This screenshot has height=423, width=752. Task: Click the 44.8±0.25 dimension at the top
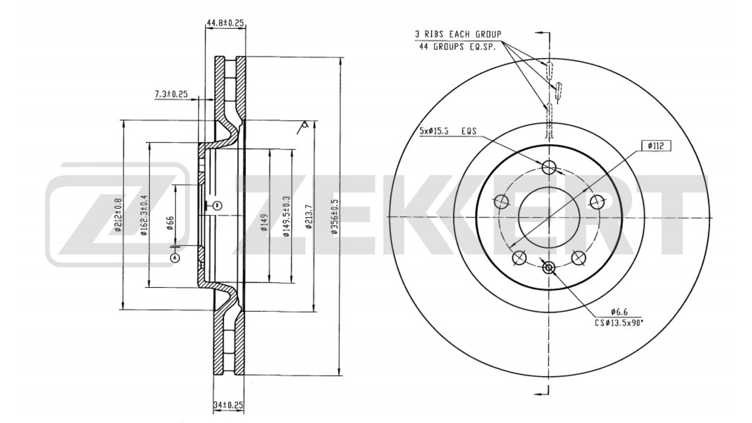pos(226,23)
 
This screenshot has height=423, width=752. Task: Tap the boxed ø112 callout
pos(656,146)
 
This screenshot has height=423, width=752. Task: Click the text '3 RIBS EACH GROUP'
pos(458,34)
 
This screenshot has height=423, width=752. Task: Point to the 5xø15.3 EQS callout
pos(448,131)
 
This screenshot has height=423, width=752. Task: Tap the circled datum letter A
pos(175,258)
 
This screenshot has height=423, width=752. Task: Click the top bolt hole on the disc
pos(549,167)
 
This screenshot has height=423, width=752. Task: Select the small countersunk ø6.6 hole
pos(549,268)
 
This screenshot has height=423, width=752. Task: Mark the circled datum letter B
pos(217,205)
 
